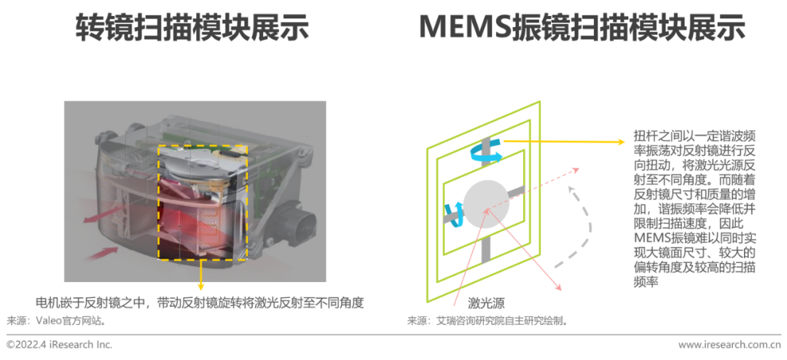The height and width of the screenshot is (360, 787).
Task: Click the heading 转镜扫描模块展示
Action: (192, 28)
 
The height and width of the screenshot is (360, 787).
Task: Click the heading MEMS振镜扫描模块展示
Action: (582, 28)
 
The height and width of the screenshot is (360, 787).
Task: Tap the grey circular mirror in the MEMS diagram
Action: (486, 202)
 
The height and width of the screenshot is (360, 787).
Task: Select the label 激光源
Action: (486, 303)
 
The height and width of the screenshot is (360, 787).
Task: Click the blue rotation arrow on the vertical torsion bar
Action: (485, 152)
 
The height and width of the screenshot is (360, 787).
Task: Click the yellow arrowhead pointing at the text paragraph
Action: (621, 142)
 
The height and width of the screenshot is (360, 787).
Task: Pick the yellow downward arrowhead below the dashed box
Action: (201, 286)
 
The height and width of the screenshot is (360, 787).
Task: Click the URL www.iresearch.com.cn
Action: (729, 345)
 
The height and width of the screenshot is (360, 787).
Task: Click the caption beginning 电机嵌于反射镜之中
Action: (199, 303)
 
